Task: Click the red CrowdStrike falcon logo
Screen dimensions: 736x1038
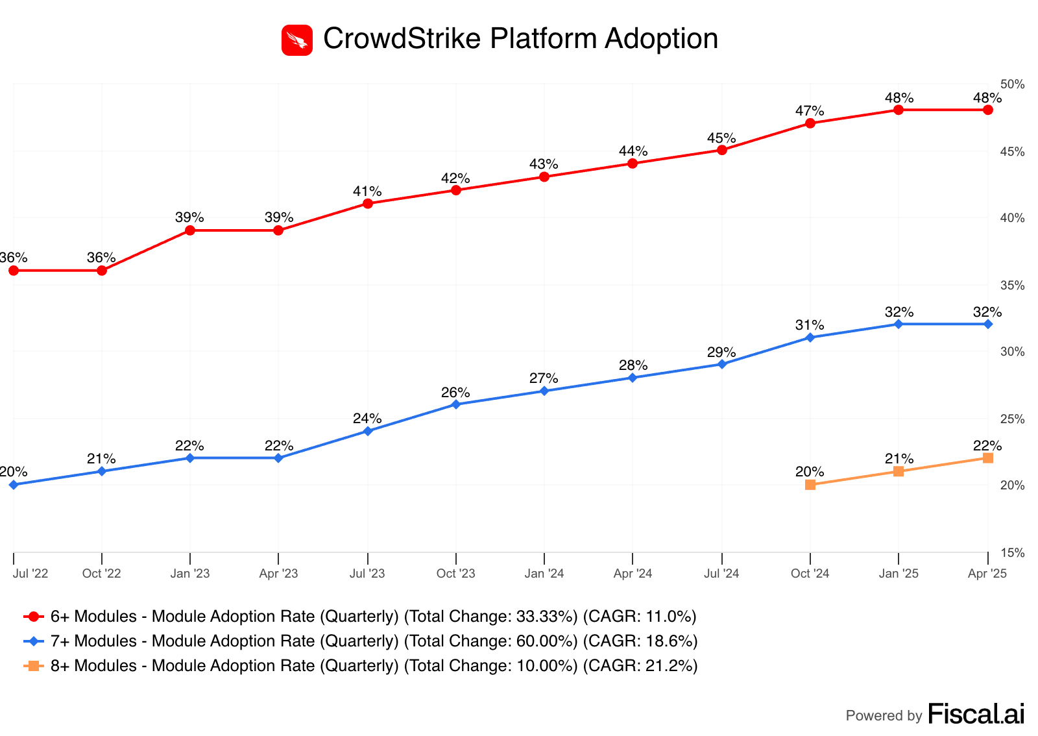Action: click(x=297, y=40)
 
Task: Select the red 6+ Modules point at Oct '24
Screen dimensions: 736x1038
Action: click(x=810, y=123)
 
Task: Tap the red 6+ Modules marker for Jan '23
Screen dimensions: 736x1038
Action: click(x=190, y=230)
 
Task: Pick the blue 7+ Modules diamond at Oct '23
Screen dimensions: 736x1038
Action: click(x=456, y=404)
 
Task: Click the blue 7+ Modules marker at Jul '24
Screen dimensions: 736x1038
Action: click(x=722, y=364)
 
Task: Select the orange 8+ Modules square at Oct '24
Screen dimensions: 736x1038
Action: click(x=810, y=485)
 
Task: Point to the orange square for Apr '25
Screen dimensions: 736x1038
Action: click(x=988, y=458)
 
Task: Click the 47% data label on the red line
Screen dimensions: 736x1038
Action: click(x=810, y=111)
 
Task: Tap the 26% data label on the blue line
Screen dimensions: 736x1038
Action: click(x=455, y=393)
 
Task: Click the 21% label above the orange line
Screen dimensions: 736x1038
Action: click(x=899, y=459)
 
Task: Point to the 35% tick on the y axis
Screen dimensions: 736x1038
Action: click(x=1013, y=286)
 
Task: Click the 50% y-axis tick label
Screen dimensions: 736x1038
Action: click(x=1013, y=84)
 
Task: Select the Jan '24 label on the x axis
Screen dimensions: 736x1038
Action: click(x=544, y=574)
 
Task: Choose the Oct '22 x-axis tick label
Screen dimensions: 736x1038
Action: click(x=102, y=574)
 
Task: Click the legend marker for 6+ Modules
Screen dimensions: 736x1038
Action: click(x=34, y=617)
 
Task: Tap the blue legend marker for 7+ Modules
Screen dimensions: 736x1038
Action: click(x=34, y=641)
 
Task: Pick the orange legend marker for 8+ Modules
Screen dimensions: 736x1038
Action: click(x=34, y=666)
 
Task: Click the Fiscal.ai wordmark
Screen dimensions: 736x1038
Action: click(x=976, y=714)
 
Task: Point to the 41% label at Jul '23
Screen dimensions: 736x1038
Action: click(x=367, y=191)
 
